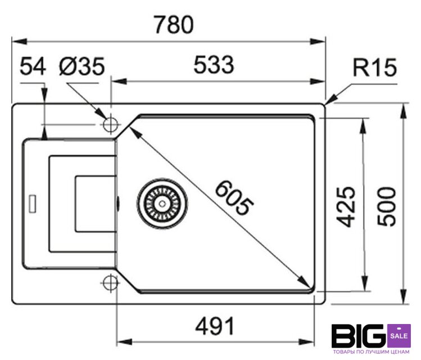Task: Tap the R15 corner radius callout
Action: (375, 69)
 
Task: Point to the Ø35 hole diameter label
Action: (82, 67)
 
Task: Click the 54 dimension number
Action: (33, 67)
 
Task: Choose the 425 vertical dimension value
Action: (348, 206)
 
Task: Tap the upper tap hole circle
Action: (110, 123)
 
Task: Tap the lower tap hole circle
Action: (110, 282)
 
